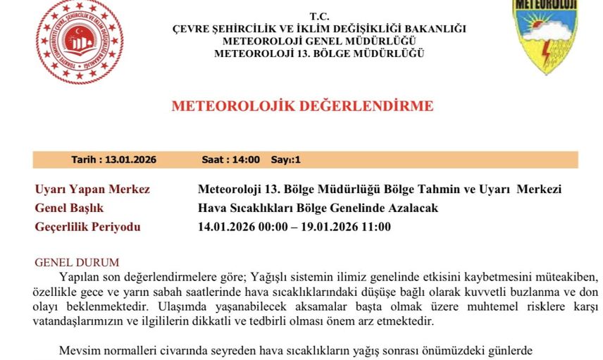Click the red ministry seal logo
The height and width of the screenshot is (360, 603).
[x=79, y=41]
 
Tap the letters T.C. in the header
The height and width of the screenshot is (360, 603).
[x=318, y=16]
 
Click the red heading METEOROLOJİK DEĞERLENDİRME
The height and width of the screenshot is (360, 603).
[x=302, y=106]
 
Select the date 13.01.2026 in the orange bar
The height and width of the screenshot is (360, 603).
[x=131, y=160]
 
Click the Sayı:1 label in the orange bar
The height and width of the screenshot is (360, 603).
[x=286, y=160]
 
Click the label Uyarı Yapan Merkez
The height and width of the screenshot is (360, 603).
[x=92, y=190]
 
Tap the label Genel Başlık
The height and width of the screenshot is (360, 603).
[x=69, y=208]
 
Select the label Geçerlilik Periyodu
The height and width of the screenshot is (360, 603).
[x=87, y=227]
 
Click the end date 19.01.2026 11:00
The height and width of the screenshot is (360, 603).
[x=343, y=227]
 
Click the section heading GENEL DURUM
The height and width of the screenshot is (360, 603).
[x=77, y=263]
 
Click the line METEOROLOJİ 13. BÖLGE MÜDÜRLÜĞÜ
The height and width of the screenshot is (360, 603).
[x=319, y=54]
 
